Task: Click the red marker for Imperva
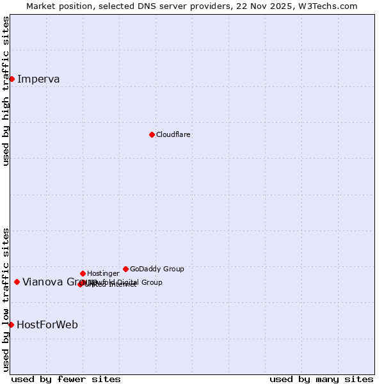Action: click(x=12, y=79)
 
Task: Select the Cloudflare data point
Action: click(x=152, y=134)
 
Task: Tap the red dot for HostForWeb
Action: click(x=11, y=324)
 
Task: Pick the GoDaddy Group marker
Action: click(x=125, y=269)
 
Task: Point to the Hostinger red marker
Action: click(x=83, y=273)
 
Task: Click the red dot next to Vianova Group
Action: click(x=17, y=282)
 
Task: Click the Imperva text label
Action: click(x=38, y=79)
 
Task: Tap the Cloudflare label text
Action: click(x=173, y=134)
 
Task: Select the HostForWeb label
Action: click(x=47, y=324)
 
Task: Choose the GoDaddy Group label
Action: click(x=157, y=269)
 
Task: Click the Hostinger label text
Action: click(x=103, y=273)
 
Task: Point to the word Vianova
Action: click(x=42, y=282)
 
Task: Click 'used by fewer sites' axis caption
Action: click(x=66, y=379)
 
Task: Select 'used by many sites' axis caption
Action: click(x=321, y=379)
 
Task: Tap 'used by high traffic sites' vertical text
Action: click(x=6, y=91)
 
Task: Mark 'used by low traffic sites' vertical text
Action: click(x=6, y=299)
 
